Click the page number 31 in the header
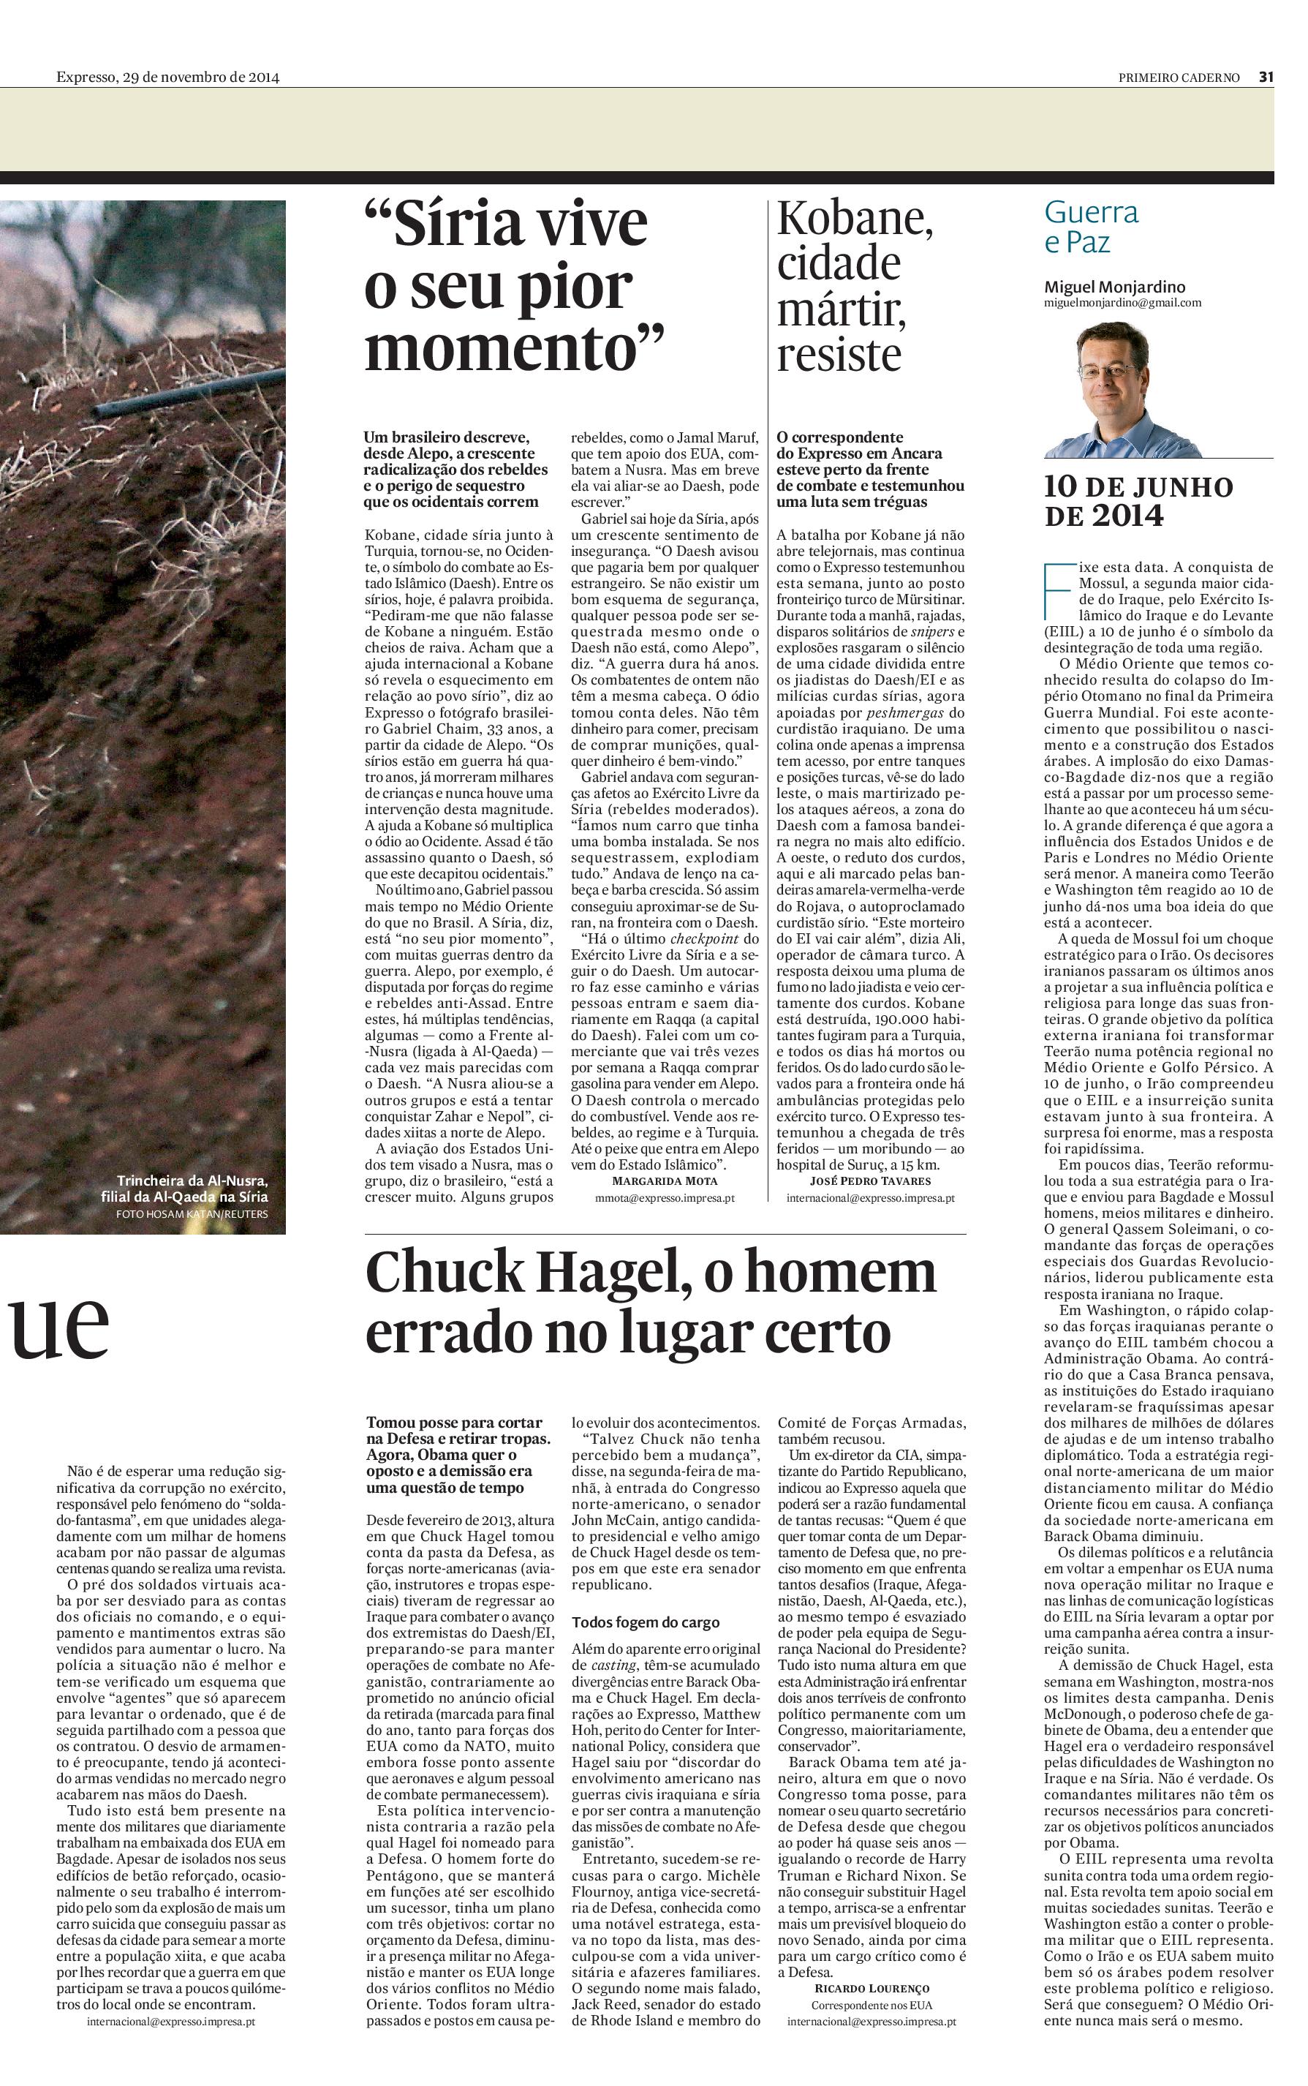coord(1266,77)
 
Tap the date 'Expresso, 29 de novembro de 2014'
coord(168,77)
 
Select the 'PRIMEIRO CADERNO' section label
coord(1179,77)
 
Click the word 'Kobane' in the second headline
coord(855,219)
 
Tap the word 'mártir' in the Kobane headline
coord(840,309)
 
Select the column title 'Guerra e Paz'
coord(1091,227)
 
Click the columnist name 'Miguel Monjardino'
coord(1114,287)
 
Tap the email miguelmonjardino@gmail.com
coord(1122,303)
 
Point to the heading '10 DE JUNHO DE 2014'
coord(1138,501)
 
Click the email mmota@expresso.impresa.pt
coord(665,1198)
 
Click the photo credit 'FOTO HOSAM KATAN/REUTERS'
coord(192,1214)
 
